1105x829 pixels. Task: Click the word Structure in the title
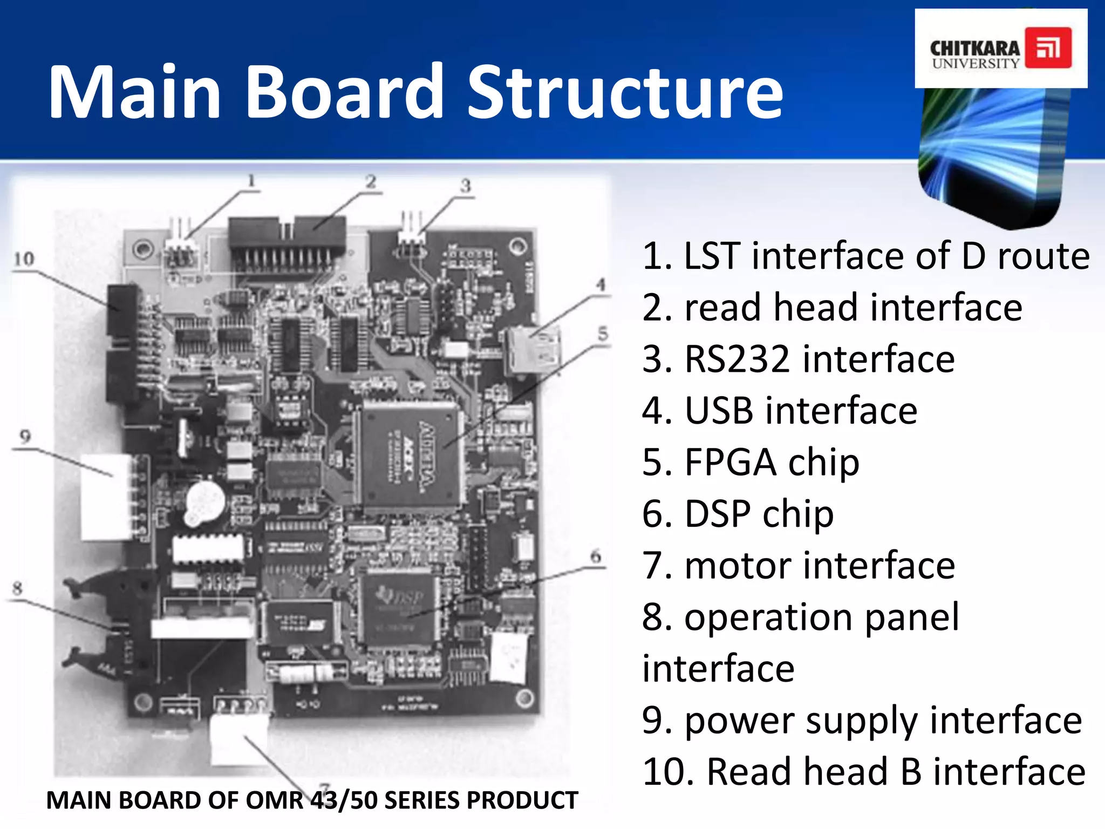pyautogui.click(x=625, y=93)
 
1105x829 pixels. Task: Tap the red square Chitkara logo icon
pyautogui.click(x=1048, y=48)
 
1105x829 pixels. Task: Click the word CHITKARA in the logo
pyautogui.click(x=975, y=49)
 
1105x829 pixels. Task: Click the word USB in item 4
pyautogui.click(x=718, y=411)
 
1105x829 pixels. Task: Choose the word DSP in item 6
pyautogui.click(x=718, y=514)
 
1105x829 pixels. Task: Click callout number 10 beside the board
pyautogui.click(x=24, y=260)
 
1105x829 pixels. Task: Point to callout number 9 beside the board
pyautogui.click(x=25, y=437)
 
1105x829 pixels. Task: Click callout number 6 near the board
pyautogui.click(x=595, y=556)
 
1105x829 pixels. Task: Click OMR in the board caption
pyautogui.click(x=275, y=800)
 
